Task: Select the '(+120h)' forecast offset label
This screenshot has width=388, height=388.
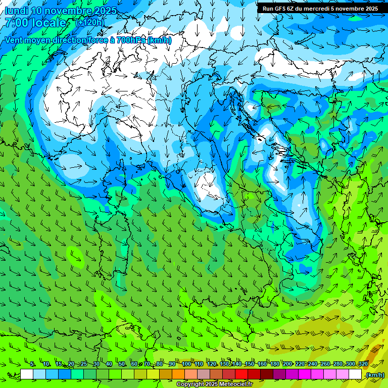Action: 90,22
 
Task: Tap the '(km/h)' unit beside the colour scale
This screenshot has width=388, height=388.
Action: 374,375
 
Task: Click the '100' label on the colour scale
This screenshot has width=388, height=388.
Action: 186,364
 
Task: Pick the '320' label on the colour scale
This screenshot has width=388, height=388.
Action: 363,364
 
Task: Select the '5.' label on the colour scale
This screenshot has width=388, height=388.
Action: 33,364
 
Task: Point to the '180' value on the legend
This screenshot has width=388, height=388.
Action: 274,364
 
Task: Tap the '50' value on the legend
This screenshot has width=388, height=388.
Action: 122,364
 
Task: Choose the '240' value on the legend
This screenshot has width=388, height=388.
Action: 312,364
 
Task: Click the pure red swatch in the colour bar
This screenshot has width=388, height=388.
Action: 241,374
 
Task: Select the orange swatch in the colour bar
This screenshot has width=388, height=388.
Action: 178,374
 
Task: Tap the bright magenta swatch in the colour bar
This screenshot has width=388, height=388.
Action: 305,374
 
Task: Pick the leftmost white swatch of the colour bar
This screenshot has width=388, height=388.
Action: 27,374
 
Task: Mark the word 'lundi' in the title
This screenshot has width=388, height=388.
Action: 16,11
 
